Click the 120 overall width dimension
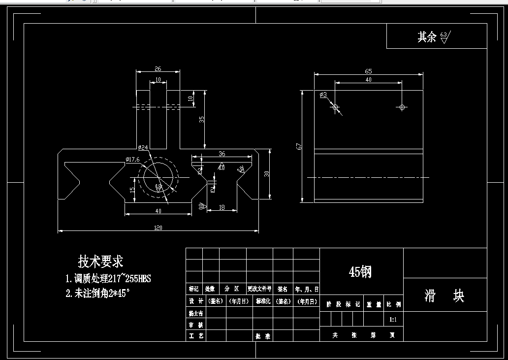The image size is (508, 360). (158, 228)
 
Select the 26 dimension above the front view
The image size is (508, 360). (158, 69)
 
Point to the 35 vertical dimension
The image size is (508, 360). (201, 119)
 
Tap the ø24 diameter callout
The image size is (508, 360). (143, 147)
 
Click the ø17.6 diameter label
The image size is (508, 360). (133, 159)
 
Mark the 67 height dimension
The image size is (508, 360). (299, 146)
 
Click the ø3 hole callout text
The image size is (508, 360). (323, 94)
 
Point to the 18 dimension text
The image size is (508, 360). (222, 208)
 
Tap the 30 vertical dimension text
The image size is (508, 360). (267, 173)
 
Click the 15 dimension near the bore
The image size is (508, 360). (132, 190)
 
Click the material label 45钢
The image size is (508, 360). (360, 271)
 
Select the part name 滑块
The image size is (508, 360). (444, 295)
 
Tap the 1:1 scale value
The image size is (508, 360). (393, 320)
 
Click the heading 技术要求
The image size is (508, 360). (100, 261)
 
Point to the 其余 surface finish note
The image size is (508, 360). (427, 37)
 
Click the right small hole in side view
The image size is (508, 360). (402, 107)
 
